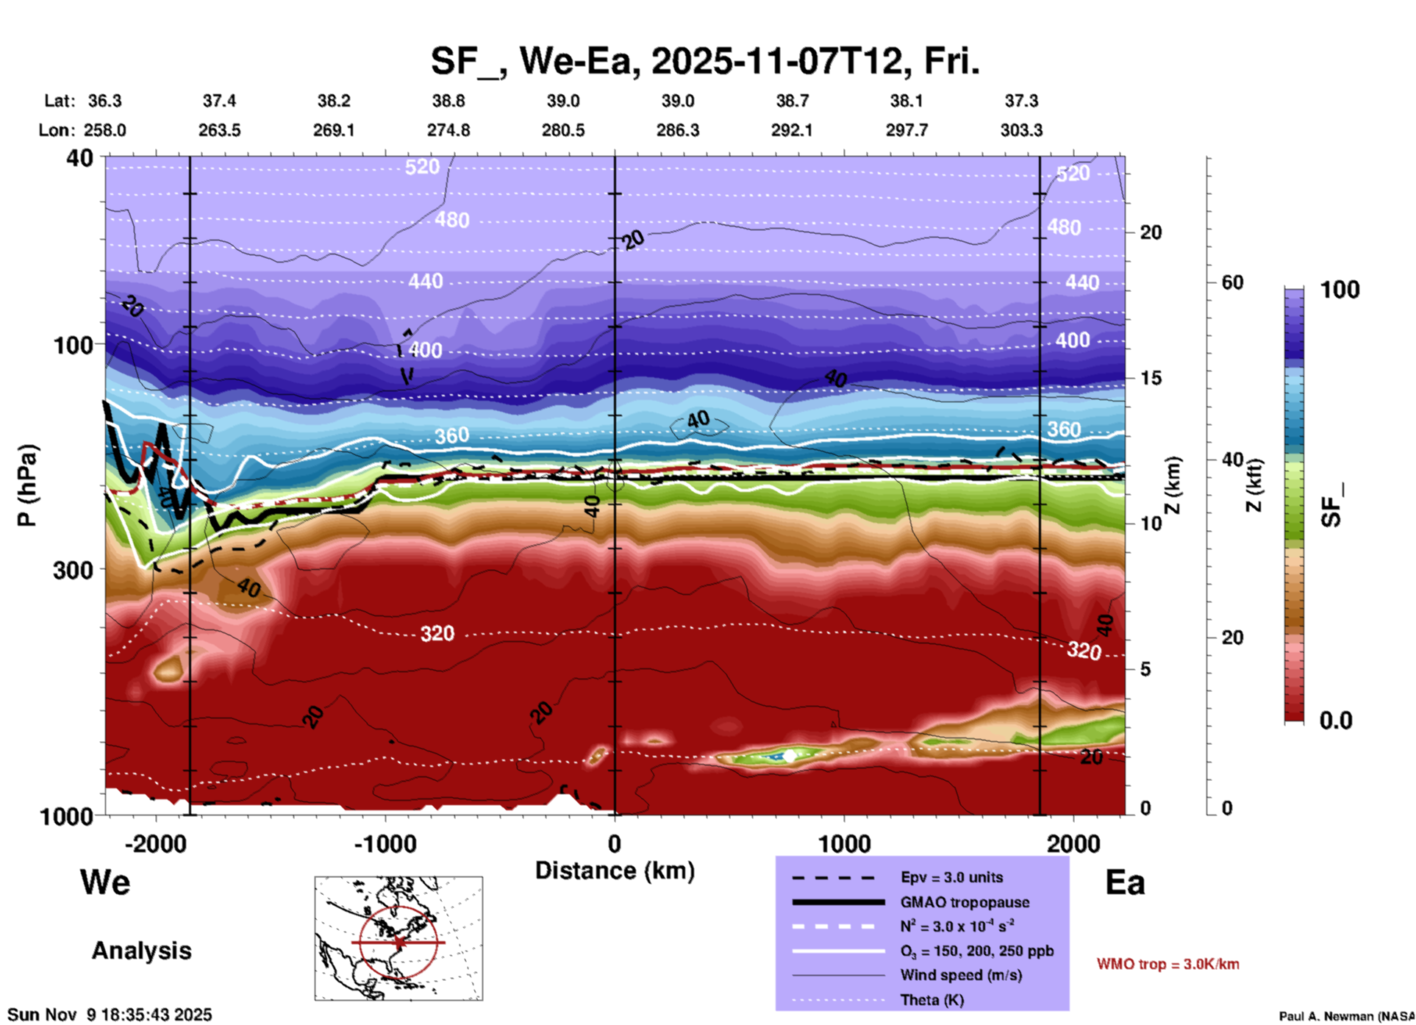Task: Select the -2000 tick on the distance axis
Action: click(x=155, y=843)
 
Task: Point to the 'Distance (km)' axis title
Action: click(x=615, y=871)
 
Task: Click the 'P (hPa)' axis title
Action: click(x=27, y=485)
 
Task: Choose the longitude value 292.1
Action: click(x=792, y=130)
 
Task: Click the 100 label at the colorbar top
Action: click(x=1340, y=290)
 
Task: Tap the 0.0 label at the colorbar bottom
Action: click(x=1336, y=721)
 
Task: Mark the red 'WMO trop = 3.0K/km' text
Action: click(x=1168, y=964)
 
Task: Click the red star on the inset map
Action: click(x=398, y=942)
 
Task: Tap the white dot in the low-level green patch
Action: click(x=789, y=756)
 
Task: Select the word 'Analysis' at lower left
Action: click(x=141, y=951)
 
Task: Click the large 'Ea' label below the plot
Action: click(x=1125, y=882)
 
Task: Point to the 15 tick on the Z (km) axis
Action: click(x=1151, y=378)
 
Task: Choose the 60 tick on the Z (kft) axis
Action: click(x=1232, y=282)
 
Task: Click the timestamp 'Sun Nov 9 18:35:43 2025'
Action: click(x=110, y=1015)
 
